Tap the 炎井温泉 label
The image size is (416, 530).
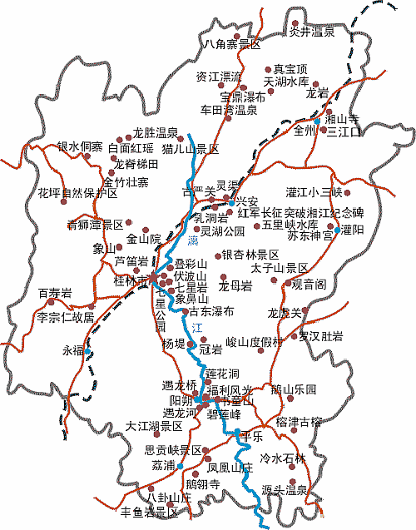(x=311, y=32)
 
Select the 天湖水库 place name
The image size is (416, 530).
(x=285, y=82)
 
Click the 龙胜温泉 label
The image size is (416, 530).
(x=156, y=133)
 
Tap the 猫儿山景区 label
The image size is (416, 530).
(x=191, y=150)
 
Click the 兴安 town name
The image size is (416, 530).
(x=246, y=201)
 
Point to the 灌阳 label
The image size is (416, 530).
(x=354, y=230)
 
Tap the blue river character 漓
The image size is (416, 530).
(x=193, y=241)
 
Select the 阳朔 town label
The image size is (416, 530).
(x=181, y=399)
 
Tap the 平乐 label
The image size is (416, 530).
(x=250, y=436)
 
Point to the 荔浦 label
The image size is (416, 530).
(x=163, y=465)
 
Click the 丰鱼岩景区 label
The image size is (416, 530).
(x=150, y=512)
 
